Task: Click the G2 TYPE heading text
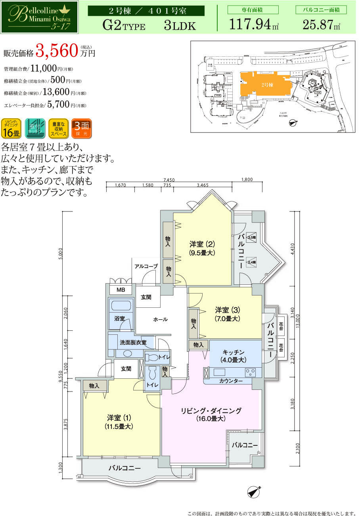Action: pyautogui.click(x=124, y=26)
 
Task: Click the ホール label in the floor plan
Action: pyautogui.click(x=160, y=319)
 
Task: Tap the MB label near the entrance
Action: pyautogui.click(x=121, y=290)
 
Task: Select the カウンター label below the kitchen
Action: pyautogui.click(x=231, y=381)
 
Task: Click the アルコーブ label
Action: pyautogui.click(x=146, y=266)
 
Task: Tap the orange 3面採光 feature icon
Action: pyautogui.click(x=82, y=129)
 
